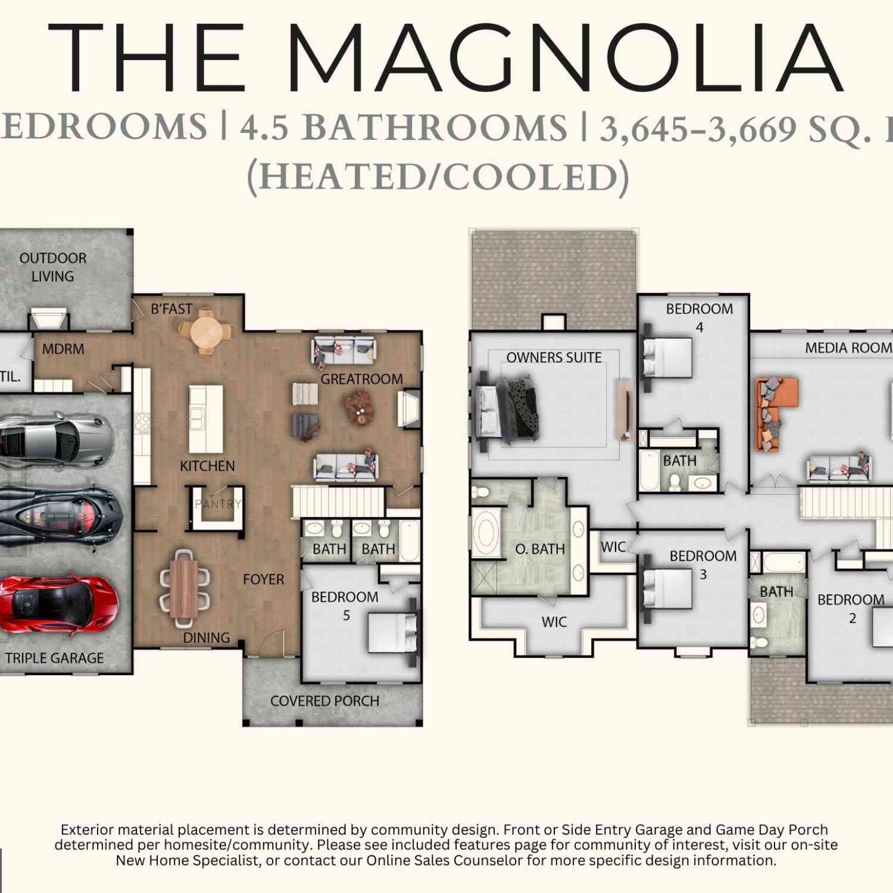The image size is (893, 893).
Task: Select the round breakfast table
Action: (205, 331)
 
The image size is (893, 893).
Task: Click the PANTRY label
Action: (218, 504)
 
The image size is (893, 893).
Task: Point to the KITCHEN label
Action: (207, 466)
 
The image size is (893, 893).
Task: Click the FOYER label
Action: (263, 579)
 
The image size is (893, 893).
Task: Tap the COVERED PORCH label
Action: (324, 701)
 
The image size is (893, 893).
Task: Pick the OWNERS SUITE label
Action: (554, 357)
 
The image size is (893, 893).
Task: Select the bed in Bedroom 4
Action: (667, 357)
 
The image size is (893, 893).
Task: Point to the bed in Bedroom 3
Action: (667, 588)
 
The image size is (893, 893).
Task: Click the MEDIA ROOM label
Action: (848, 348)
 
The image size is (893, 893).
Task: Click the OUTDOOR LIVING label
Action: (53, 267)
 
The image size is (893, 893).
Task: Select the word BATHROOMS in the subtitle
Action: (435, 128)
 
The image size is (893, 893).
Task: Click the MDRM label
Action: (63, 349)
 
